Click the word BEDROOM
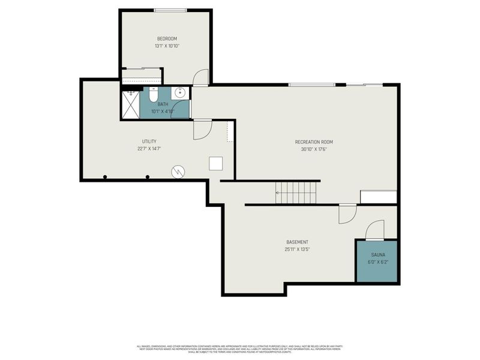pos(167,39)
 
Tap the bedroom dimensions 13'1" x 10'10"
pos(167,46)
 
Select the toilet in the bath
pos(153,95)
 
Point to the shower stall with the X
pos(130,103)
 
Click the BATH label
pos(163,104)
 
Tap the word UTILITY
pos(149,142)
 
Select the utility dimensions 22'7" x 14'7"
pos(149,149)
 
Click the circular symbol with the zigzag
pos(178,172)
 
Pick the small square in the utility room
pos(215,164)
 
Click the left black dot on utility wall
pos(105,177)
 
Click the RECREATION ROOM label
pos(314,142)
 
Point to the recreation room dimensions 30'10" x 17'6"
pos(314,149)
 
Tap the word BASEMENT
pos(297,242)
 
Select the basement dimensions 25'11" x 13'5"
pos(297,250)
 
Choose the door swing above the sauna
pos(375,230)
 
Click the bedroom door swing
pos(201,77)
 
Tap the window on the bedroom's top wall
pos(170,10)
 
